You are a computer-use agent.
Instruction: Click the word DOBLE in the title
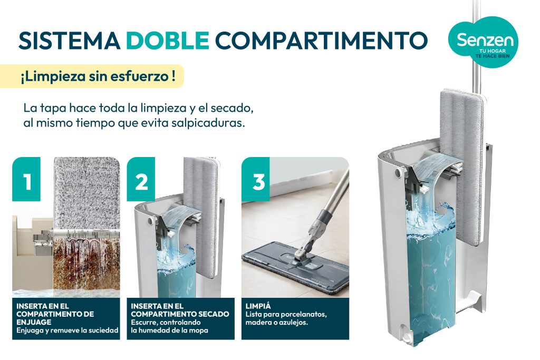[168, 40]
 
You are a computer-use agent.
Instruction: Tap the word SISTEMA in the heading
[69, 40]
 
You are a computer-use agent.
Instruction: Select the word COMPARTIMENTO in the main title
[321, 40]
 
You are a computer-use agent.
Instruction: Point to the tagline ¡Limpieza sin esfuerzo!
[98, 76]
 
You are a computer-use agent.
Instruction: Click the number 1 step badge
[26, 179]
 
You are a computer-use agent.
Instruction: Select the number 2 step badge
[141, 179]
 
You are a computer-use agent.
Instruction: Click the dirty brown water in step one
[86, 265]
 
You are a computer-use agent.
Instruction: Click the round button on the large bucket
[399, 171]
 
